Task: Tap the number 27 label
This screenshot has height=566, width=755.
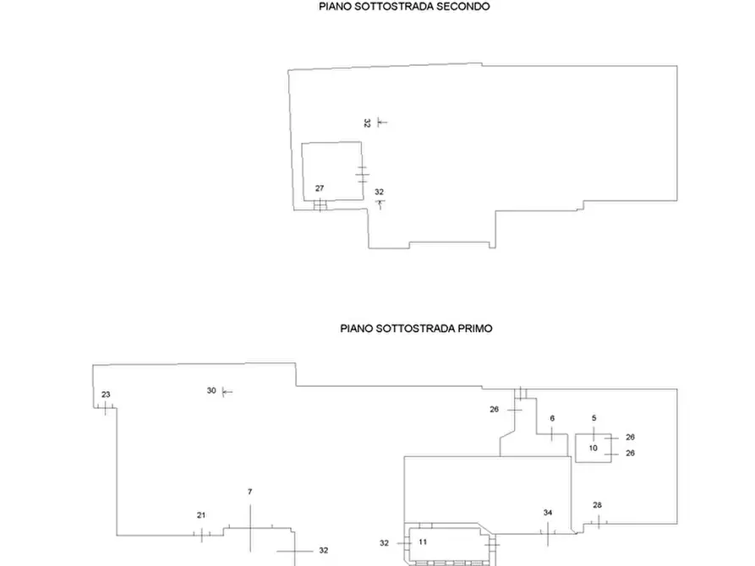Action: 320,188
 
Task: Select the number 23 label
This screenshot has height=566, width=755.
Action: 106,395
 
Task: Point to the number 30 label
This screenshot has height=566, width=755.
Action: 211,391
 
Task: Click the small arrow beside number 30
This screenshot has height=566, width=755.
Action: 227,392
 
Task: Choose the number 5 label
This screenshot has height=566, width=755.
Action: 594,418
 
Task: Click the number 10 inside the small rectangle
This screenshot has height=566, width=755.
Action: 594,448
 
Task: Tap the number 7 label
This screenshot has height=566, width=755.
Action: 250,492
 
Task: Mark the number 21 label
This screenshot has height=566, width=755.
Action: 201,515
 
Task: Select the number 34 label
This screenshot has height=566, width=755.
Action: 548,513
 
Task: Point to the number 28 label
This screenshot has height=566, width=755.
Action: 598,505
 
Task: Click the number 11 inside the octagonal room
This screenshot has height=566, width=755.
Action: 423,542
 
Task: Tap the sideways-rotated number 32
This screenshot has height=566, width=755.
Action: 368,123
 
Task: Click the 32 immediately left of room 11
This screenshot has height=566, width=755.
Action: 384,543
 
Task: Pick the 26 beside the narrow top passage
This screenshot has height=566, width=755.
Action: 495,410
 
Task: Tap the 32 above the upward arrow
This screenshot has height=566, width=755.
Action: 380,192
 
